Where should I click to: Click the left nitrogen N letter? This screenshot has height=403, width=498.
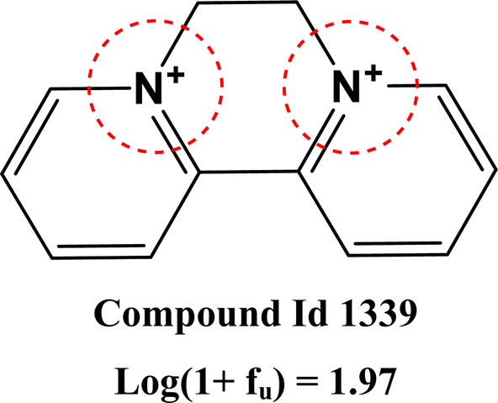pos(149,87)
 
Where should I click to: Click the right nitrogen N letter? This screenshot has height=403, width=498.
pos(347,86)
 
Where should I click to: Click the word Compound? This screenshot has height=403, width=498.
pos(187,315)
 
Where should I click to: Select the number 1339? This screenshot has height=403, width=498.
pos(379,313)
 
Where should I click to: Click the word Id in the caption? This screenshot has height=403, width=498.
pos(310,313)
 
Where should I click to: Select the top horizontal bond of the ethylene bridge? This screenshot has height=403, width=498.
pos(247,3)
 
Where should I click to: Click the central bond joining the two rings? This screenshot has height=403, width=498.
pos(249,172)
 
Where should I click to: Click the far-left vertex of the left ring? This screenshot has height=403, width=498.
pos(2,173)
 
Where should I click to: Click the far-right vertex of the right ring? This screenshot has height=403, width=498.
pos(495,170)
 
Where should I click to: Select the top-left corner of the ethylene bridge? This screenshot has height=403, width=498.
pos(199,3)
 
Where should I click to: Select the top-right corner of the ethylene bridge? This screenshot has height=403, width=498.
pos(296,3)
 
